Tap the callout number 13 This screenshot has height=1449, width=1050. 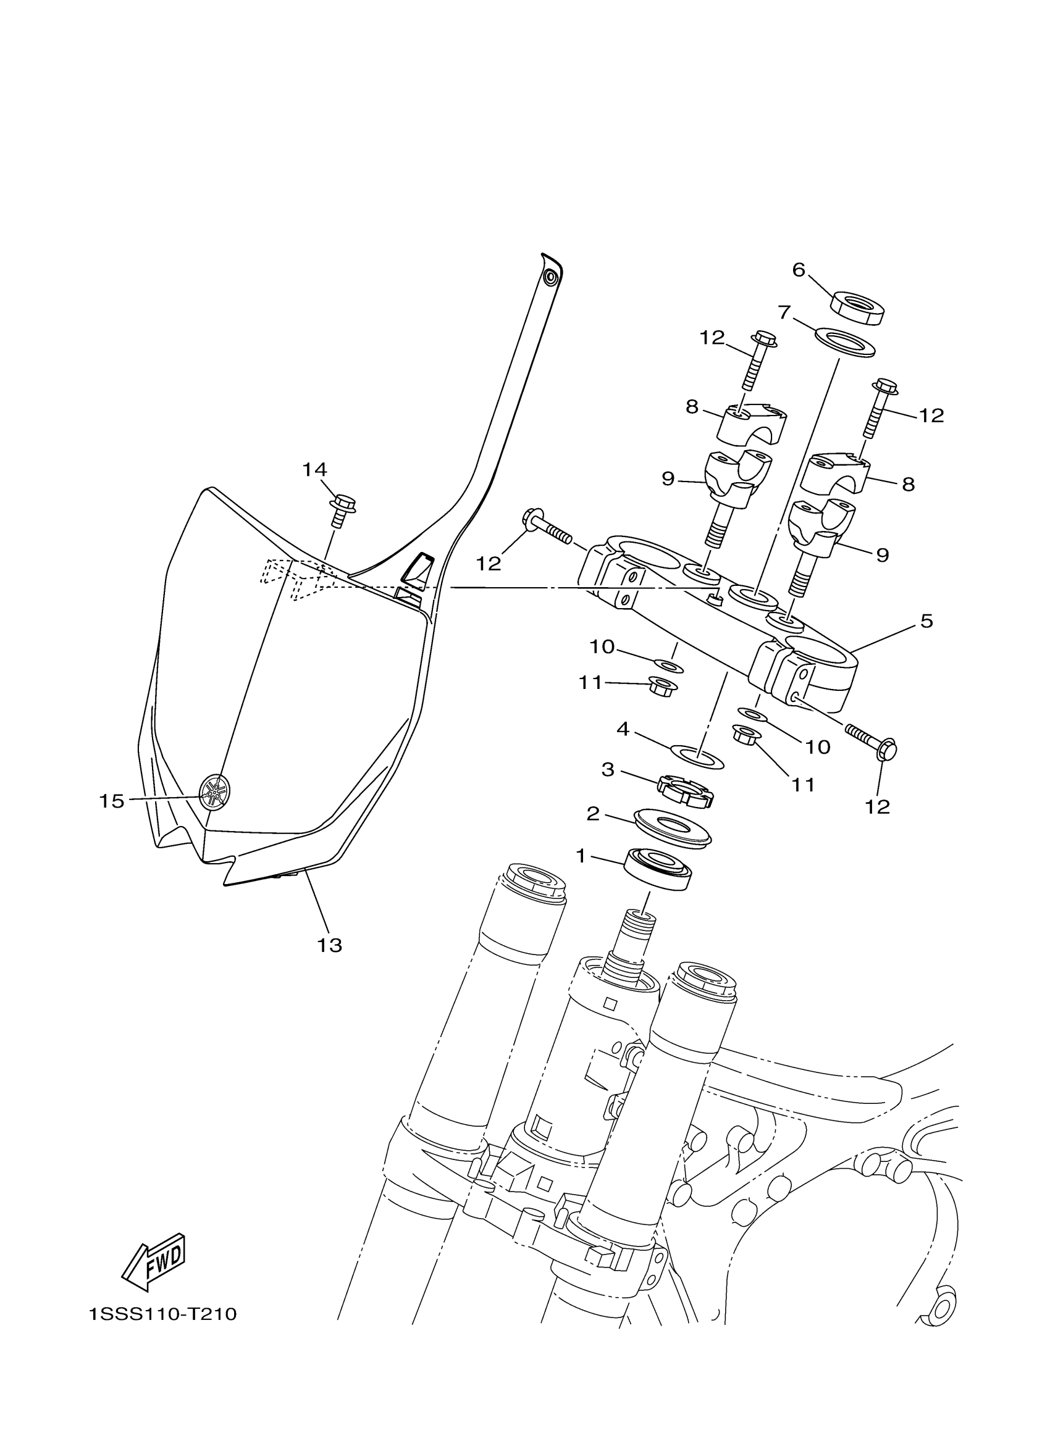coord(330,945)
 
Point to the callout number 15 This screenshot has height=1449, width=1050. coord(111,801)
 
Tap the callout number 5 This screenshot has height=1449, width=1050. coord(926,620)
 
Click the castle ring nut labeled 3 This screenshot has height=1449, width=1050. coord(685,790)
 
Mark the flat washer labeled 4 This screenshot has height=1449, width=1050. coord(697,756)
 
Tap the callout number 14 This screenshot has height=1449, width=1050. coord(314,470)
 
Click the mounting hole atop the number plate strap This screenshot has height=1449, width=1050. coord(549,278)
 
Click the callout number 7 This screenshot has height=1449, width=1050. coord(784,312)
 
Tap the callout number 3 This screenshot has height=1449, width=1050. coord(608,769)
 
